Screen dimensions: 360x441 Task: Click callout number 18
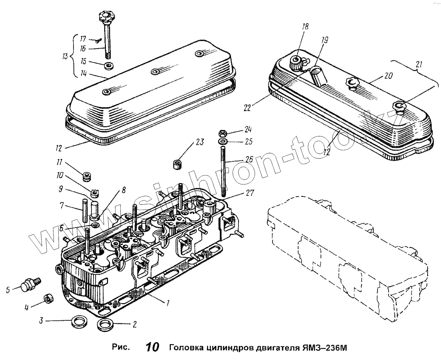pos(305,27)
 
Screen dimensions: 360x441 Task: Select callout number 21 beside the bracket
pos(419,64)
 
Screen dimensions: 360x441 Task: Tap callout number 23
pos(200,142)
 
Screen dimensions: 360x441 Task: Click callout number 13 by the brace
pos(65,56)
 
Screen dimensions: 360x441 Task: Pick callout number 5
pos(8,290)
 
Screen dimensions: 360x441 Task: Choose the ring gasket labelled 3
pos(79,322)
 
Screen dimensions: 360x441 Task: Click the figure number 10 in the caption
pos(152,347)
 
